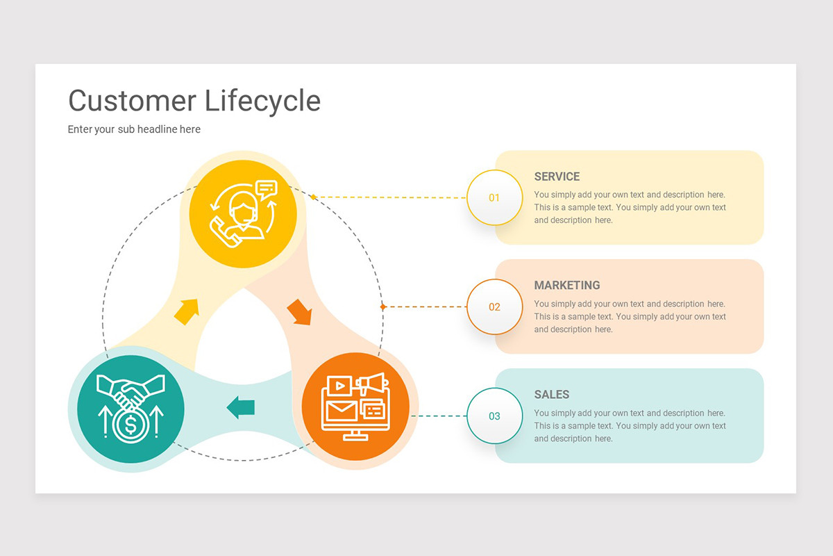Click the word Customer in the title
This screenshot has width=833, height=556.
tap(132, 101)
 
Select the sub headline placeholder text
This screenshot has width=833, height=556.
tap(134, 129)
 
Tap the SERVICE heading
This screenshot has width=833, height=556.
tap(557, 177)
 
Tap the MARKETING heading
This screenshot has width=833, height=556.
tap(566, 286)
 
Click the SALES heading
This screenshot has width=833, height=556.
tap(551, 395)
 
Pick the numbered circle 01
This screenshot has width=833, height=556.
tap(494, 198)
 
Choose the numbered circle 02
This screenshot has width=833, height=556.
tap(494, 307)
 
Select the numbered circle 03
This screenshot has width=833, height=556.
tap(494, 416)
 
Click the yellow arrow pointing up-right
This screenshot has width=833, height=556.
tap(187, 311)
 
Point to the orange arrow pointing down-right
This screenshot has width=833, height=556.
tap(299, 312)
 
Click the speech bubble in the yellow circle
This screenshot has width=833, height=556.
tap(266, 188)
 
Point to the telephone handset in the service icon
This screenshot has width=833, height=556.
tap(226, 231)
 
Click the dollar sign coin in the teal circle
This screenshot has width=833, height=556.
tap(128, 425)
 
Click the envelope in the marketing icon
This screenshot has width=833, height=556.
tap(341, 410)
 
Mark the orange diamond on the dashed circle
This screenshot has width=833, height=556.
tap(382, 306)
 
